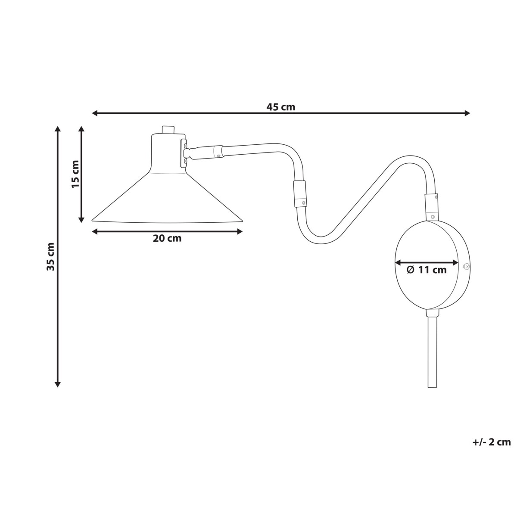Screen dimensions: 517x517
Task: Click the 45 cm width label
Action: point(280,107)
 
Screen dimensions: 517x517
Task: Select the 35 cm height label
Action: point(50,257)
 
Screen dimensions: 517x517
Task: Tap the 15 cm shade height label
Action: point(75,174)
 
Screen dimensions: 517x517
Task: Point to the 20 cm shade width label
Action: point(167,238)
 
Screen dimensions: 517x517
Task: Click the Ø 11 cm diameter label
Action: point(427,270)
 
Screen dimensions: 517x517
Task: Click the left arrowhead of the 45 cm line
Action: point(94,113)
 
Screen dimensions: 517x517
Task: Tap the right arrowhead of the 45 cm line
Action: point(467,113)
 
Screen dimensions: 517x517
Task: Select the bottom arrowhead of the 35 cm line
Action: point(57,384)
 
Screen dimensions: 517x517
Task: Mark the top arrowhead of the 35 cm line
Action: point(57,129)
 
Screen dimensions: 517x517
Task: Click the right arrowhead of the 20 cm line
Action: point(240,231)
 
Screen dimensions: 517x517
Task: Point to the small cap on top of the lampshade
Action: point(168,129)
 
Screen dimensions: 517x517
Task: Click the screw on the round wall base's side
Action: point(467,266)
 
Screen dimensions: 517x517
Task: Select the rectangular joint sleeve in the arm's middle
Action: point(300,193)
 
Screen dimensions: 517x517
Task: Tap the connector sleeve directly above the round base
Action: point(431,207)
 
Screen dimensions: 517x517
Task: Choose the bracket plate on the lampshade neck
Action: point(184,153)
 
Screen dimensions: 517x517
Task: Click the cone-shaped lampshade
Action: point(168,197)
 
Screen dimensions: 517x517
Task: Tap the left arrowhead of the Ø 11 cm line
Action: point(398,263)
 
